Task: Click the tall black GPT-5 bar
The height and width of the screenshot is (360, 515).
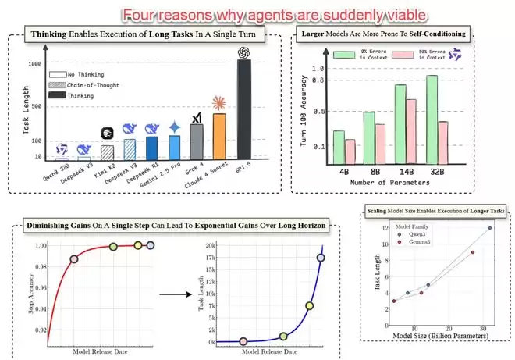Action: point(243,109)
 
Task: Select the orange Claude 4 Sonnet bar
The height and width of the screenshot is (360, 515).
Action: point(219,137)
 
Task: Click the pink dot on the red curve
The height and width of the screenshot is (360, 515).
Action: point(75,258)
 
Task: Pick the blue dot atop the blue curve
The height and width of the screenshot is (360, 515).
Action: point(321,258)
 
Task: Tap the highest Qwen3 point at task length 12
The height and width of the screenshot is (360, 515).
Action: point(490,227)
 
